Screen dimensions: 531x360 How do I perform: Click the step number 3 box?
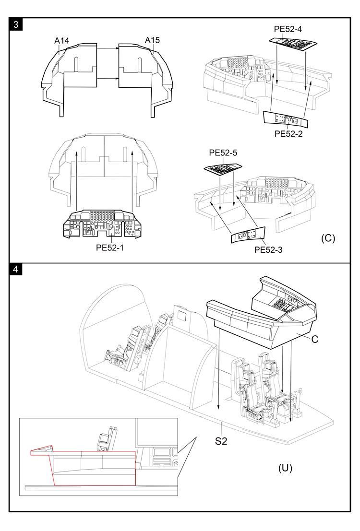[16, 25]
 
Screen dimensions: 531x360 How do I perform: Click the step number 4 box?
[16, 269]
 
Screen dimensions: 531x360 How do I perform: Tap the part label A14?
[61, 41]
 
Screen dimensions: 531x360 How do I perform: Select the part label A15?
[152, 41]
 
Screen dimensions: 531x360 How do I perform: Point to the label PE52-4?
[288, 29]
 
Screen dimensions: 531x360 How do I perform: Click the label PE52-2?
[288, 134]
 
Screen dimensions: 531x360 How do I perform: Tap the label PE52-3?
[268, 249]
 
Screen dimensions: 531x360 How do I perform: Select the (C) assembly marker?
[328, 238]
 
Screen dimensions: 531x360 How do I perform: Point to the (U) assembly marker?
[286, 467]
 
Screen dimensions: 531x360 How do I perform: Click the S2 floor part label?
[221, 440]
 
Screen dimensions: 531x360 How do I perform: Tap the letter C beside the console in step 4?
[315, 339]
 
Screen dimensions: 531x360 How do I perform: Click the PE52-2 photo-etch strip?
[286, 119]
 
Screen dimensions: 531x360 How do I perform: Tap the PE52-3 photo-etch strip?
[248, 235]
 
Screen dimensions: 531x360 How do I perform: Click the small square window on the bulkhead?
[182, 315]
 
